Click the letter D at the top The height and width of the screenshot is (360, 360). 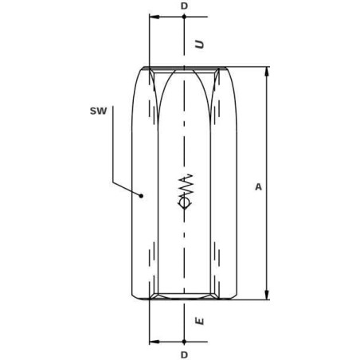(x=184, y=6)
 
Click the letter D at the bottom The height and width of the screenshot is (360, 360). (x=184, y=354)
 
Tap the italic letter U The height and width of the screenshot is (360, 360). (x=200, y=44)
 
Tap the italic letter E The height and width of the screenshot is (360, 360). (x=200, y=321)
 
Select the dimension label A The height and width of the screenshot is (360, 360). (x=258, y=187)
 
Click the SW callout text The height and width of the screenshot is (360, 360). (x=99, y=111)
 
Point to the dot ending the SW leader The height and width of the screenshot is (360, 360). (x=142, y=196)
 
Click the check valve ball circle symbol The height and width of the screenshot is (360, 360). (x=184, y=203)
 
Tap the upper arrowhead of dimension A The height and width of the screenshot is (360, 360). (x=267, y=72)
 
